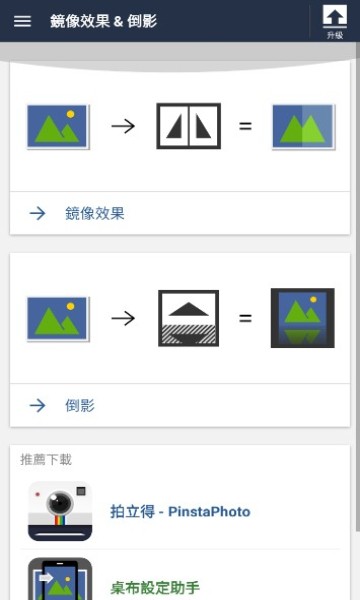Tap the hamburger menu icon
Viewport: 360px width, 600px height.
point(22,21)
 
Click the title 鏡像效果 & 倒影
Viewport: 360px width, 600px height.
point(103,21)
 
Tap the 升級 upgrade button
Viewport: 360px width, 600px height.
point(334,21)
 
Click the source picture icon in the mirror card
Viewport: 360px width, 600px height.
point(58,127)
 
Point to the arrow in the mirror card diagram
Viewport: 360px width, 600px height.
point(122,127)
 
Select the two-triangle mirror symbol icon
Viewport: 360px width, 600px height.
point(188,126)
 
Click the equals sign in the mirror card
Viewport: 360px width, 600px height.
point(245,127)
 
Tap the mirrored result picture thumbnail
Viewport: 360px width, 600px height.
point(303,127)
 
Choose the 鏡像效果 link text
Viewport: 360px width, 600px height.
point(95,213)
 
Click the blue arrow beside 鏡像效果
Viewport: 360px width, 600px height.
point(38,213)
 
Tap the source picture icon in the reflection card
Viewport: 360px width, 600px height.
point(58,318)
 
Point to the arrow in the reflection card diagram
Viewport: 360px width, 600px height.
point(122,318)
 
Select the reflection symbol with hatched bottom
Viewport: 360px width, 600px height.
point(188,318)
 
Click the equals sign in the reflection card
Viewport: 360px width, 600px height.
point(245,318)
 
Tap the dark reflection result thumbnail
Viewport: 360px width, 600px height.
point(303,318)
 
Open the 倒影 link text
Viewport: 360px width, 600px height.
point(80,405)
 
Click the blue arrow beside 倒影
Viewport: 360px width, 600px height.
point(38,405)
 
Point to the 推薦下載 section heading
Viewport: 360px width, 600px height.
point(46,460)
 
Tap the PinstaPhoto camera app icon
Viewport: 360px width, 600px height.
point(60,511)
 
